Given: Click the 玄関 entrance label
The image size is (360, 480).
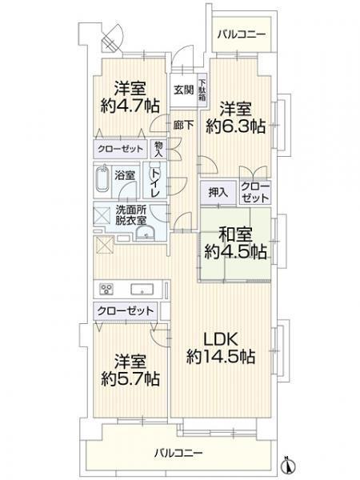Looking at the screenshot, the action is [184, 90].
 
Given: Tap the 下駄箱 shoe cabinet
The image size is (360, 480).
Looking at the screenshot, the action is [202, 90].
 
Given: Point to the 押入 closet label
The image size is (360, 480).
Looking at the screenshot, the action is [218, 193].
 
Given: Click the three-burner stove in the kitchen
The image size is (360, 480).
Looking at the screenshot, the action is [106, 289].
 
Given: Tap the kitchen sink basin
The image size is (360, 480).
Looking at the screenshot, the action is [142, 289].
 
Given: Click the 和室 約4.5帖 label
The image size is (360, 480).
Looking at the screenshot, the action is [235, 243].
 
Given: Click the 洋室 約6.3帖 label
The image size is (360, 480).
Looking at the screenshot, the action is [235, 117].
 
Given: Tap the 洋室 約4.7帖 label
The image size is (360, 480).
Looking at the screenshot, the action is [130, 97].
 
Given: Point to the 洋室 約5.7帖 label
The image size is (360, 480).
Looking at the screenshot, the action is [130, 370].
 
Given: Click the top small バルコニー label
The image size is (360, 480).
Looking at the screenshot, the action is [242, 34].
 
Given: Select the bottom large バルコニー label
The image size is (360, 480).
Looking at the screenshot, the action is [178, 453].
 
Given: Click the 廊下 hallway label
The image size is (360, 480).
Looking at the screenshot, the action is [183, 125].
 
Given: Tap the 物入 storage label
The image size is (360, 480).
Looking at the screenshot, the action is [158, 149].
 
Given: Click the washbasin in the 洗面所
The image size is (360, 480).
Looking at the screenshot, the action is [146, 232].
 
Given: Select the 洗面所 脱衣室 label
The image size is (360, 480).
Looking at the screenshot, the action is [130, 215].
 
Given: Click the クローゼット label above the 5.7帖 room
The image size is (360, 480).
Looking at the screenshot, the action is [126, 310].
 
